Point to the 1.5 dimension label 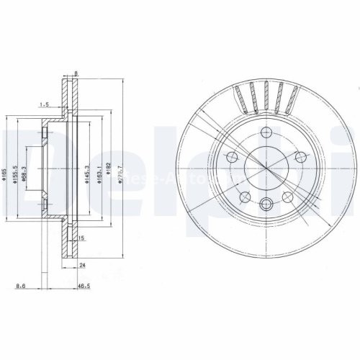(44, 105)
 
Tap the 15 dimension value (81, 238)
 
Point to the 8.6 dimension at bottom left (45, 287)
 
